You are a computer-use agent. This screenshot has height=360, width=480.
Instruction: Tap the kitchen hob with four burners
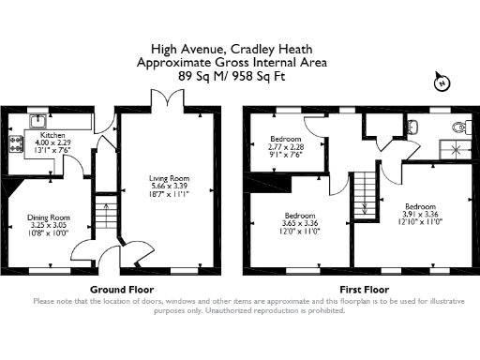pos(16,143)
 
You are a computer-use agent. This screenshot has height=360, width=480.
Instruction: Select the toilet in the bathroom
pos(458,127)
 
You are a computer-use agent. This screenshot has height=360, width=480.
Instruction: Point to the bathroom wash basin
pos(415,124)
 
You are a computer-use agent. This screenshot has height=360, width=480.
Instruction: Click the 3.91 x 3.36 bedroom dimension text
pos(421,213)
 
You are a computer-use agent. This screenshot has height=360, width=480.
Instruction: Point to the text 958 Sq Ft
pos(256,75)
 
